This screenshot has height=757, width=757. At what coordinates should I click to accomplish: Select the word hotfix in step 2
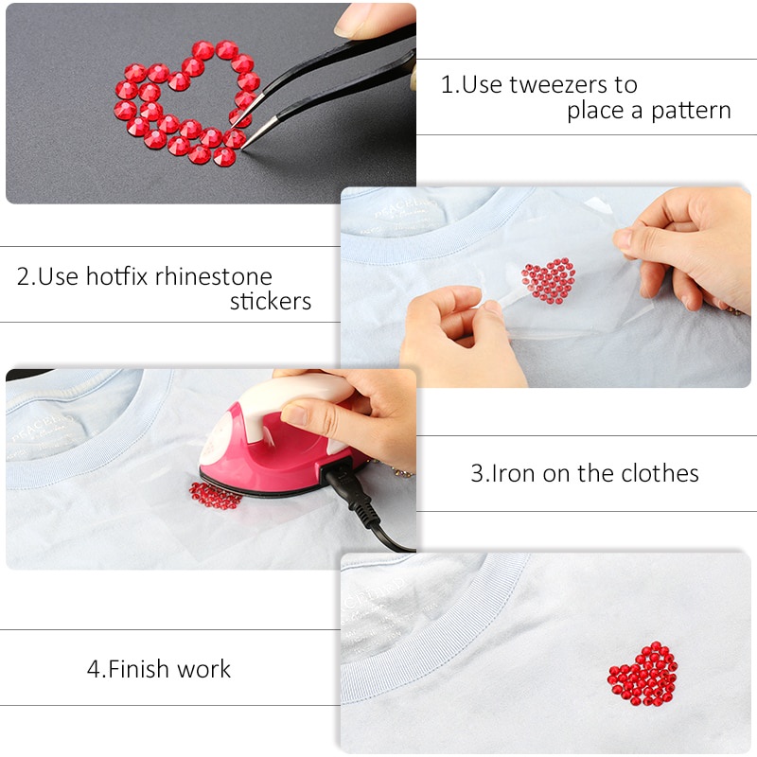tap(117, 277)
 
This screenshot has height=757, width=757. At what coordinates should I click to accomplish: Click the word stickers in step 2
tap(271, 302)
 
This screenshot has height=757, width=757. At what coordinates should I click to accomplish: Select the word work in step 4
tap(204, 669)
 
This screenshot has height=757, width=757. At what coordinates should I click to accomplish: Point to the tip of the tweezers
tap(245, 145)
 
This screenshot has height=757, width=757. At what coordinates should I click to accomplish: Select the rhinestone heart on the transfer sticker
tap(549, 281)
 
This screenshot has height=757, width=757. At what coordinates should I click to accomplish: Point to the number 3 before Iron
tap(477, 473)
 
